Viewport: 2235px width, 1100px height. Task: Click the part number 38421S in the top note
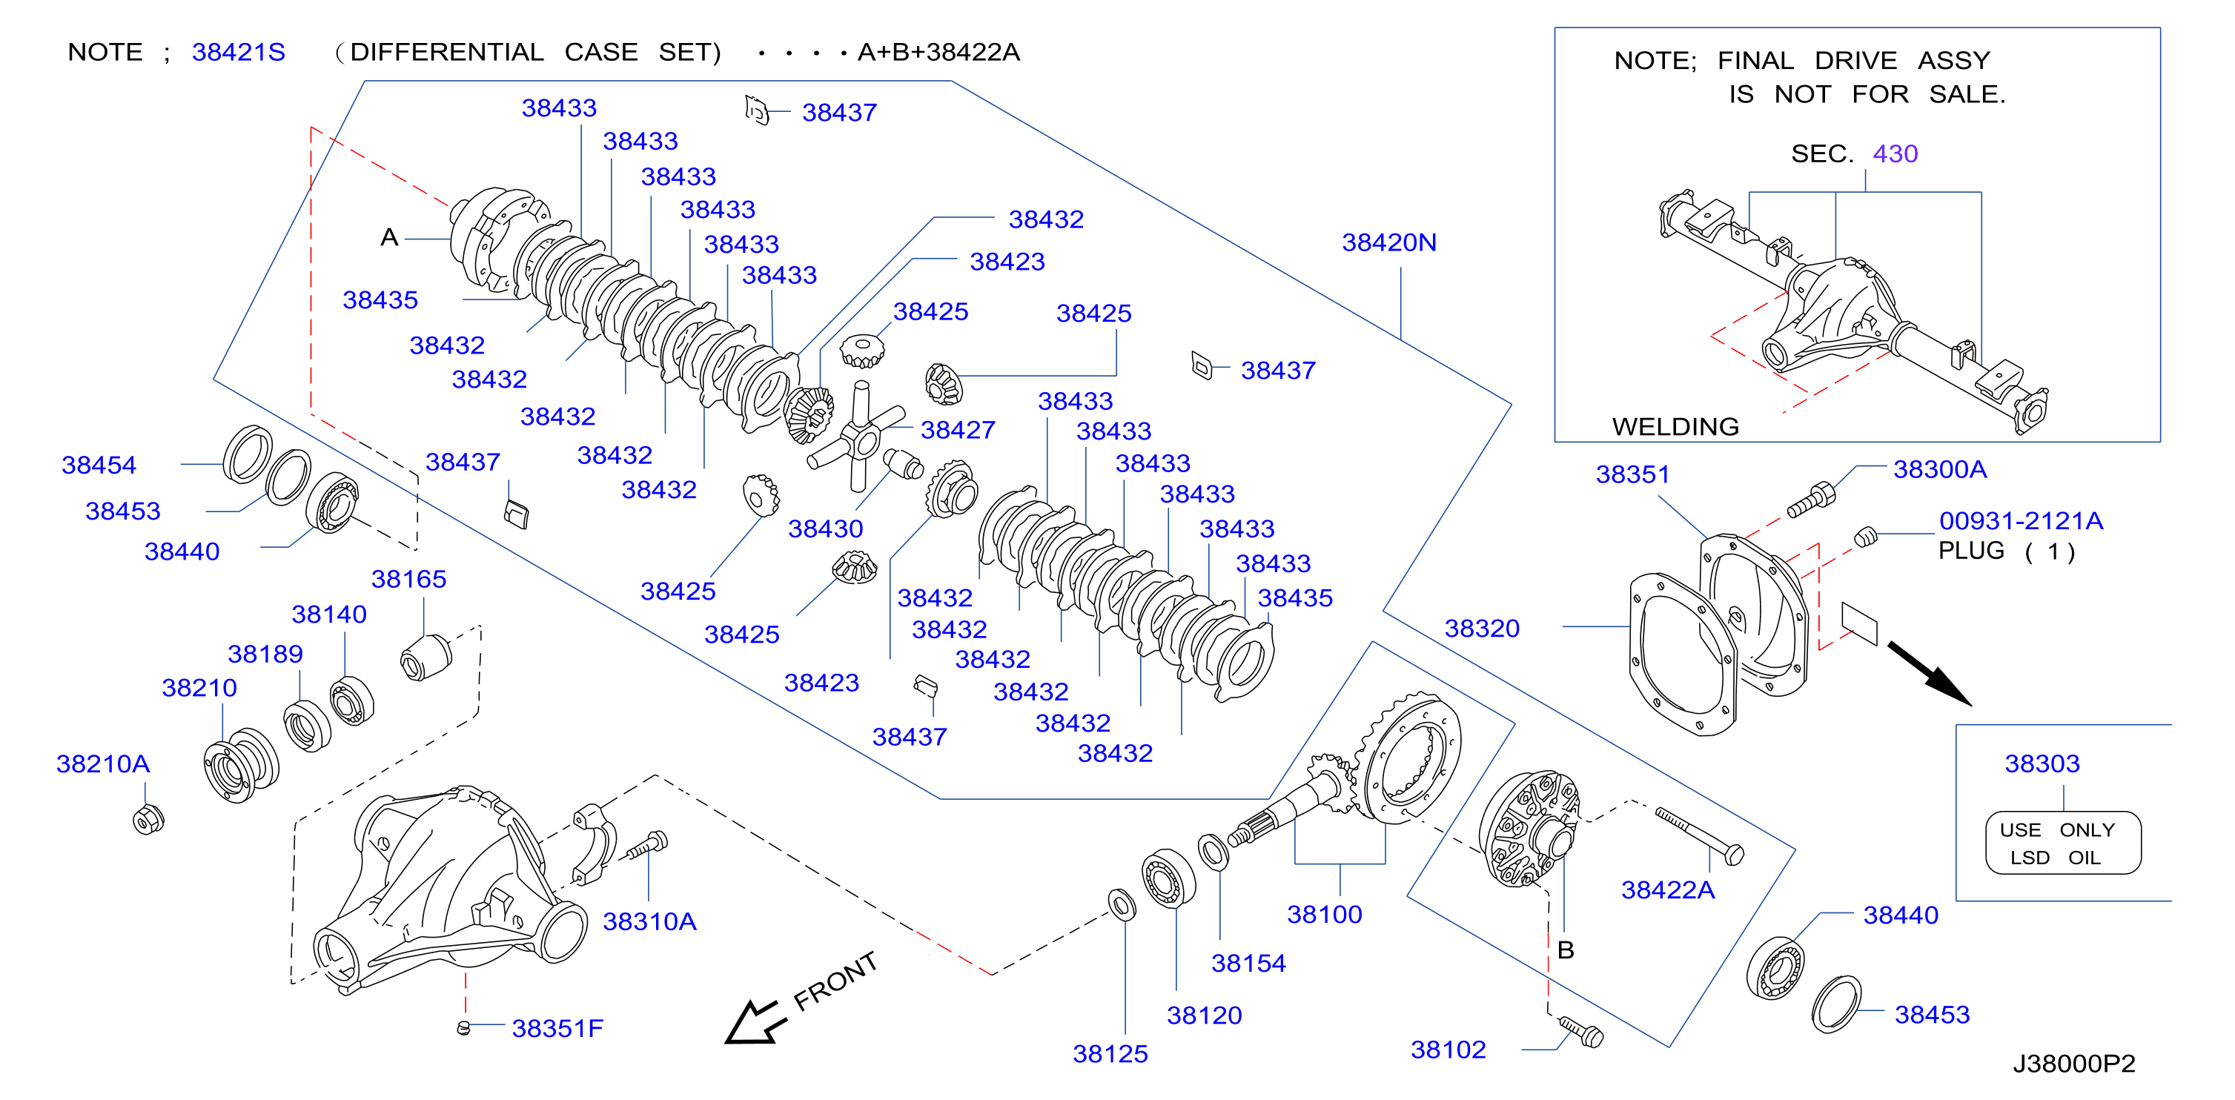[239, 52]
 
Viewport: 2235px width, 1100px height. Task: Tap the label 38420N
[1389, 242]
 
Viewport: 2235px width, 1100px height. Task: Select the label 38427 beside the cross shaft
[958, 429]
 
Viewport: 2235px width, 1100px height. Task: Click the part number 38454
[99, 465]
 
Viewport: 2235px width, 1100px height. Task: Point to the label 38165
[408, 579]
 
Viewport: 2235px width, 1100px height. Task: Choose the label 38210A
[103, 763]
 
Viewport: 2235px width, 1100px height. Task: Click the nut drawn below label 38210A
[148, 819]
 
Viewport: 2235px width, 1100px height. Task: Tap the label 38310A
[650, 921]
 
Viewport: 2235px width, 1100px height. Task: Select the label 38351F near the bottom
[558, 1028]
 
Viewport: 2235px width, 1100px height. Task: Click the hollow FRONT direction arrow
[755, 1021]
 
